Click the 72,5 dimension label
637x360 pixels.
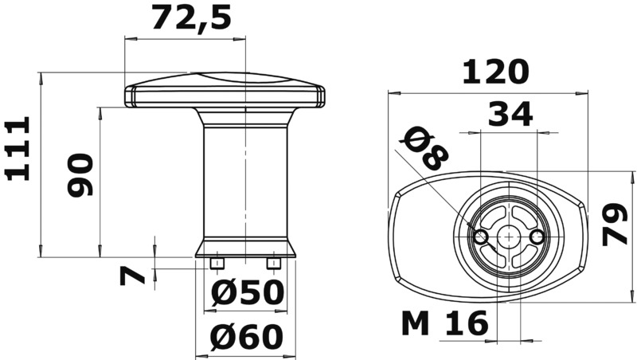tap(191, 17)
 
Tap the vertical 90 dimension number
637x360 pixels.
tap(80, 174)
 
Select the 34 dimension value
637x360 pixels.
tap(510, 115)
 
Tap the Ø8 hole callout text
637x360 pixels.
tap(423, 148)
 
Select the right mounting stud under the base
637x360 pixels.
tap(274, 262)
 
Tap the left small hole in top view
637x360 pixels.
tap(480, 237)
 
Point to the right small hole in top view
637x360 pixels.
tap(537, 237)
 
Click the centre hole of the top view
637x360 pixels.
tap(509, 237)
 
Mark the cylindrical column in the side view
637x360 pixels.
tap(246, 183)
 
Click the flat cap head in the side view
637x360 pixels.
tap(225, 94)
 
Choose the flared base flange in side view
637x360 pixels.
tap(246, 248)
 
